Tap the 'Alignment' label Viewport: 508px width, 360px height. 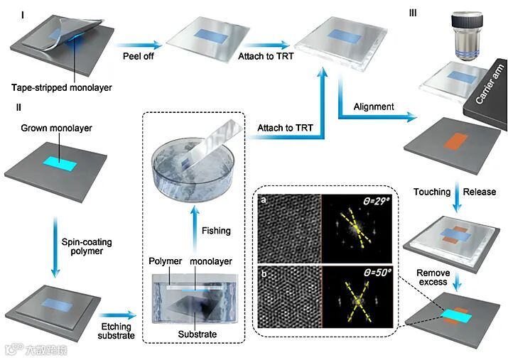[373, 107]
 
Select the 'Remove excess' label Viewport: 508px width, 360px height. [433, 278]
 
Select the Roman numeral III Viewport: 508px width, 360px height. [414, 12]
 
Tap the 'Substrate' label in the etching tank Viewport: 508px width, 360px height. [195, 334]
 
